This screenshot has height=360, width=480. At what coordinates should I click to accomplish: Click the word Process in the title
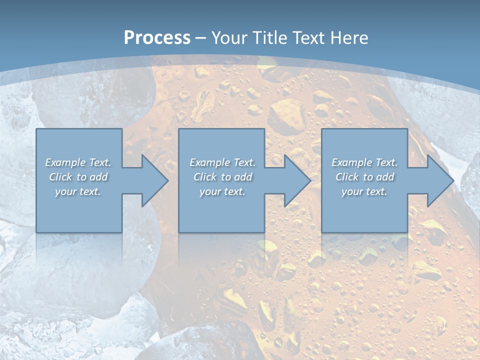[x=157, y=37]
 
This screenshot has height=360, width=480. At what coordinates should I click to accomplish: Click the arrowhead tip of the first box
[x=167, y=180]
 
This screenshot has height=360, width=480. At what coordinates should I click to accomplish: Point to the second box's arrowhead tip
[x=310, y=180]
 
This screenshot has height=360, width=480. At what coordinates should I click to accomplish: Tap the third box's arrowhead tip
[x=453, y=180]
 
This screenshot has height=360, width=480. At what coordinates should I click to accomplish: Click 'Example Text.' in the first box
[x=78, y=162]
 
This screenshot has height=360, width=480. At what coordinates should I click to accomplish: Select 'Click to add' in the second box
[x=222, y=177]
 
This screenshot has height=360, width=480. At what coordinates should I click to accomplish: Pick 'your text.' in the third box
[x=364, y=191]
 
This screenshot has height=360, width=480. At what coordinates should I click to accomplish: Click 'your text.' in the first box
[x=78, y=191]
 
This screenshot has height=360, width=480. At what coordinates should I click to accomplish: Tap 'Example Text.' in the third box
[x=364, y=162]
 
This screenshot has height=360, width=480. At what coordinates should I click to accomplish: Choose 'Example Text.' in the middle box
[x=222, y=162]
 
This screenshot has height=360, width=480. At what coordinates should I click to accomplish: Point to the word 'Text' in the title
[x=308, y=37]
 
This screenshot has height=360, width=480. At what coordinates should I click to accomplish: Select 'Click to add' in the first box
[x=78, y=177]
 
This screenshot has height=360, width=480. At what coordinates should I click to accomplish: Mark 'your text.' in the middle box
[x=222, y=191]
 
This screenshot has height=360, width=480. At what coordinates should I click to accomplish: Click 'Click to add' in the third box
[x=364, y=177]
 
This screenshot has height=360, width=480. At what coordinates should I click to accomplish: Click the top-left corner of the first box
[x=36, y=129]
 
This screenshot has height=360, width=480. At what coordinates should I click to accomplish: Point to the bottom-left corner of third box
[x=322, y=232]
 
